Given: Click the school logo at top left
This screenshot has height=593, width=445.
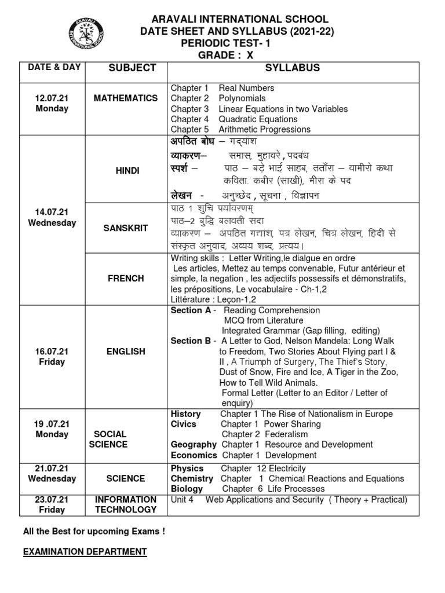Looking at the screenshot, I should (x=86, y=34).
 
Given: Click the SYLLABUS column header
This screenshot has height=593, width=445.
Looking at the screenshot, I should (x=292, y=68).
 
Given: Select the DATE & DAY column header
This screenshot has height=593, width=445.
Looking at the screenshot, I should (x=54, y=67).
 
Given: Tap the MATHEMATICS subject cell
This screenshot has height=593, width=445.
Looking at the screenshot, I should (x=126, y=98).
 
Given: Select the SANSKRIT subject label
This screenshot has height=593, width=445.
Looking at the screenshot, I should (x=126, y=228).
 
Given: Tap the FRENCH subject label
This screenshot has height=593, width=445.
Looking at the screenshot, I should (x=126, y=279).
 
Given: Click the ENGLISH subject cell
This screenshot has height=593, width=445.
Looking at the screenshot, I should (x=126, y=352).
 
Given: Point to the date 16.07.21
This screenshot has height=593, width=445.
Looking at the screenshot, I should (x=52, y=352).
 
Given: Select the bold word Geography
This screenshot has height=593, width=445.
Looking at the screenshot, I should (x=193, y=445).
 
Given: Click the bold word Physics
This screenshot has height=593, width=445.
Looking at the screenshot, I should (x=187, y=468).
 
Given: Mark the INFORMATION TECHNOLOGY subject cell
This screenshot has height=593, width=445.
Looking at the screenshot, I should (x=126, y=504).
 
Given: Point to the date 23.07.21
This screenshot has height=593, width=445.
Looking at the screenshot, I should (x=52, y=499).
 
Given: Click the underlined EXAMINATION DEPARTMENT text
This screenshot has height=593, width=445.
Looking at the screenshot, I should (x=85, y=552).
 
